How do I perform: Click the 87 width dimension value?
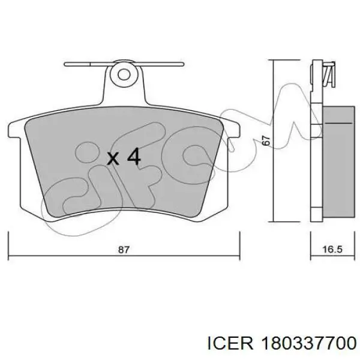124,250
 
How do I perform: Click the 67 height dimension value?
266,141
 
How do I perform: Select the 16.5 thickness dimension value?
332,250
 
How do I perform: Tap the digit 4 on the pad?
134,157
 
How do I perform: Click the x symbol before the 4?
113,158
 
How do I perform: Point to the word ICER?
230,344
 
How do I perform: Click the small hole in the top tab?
124,74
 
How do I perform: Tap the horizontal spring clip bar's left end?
65,64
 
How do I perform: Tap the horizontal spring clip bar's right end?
183,64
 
